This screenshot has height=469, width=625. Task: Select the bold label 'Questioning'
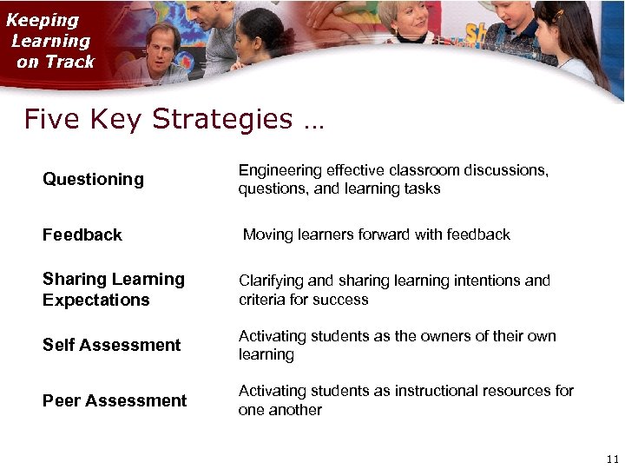(x=93, y=180)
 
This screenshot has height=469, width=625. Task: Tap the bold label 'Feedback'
(x=82, y=235)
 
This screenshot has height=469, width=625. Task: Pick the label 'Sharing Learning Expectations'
(x=114, y=290)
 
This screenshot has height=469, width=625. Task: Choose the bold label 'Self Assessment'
(x=112, y=346)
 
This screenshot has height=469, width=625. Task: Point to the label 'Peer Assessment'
(x=115, y=401)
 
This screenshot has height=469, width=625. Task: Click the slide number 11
(x=613, y=459)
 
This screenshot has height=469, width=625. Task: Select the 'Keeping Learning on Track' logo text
(x=52, y=41)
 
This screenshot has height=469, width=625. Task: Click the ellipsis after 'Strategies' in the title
(x=313, y=124)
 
